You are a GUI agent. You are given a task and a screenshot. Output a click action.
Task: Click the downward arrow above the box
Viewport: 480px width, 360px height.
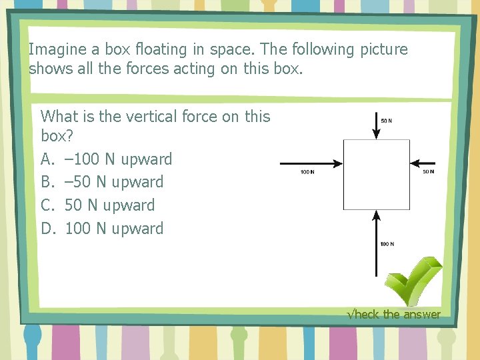pyautogui.click(x=376, y=124)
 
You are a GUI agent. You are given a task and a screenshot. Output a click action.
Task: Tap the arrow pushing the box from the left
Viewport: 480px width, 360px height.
pyautogui.click(x=311, y=163)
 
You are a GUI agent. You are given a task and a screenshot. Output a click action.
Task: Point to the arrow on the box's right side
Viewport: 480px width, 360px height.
pyautogui.click(x=423, y=163)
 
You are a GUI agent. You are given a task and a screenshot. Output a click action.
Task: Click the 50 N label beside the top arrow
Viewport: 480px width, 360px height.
pyautogui.click(x=386, y=121)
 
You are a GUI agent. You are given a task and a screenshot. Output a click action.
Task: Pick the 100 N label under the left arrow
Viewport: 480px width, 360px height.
pyautogui.click(x=307, y=172)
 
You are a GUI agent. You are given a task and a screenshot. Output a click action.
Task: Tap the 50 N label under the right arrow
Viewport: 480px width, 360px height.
pyautogui.click(x=429, y=171)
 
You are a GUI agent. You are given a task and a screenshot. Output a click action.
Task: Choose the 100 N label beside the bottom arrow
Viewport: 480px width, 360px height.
pyautogui.click(x=387, y=244)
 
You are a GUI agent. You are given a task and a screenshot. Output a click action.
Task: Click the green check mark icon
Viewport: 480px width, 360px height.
pyautogui.click(x=413, y=281)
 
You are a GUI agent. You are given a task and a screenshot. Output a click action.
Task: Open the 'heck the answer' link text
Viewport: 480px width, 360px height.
pyautogui.click(x=395, y=314)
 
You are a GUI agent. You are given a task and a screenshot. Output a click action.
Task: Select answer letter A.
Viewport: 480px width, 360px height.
pyautogui.click(x=47, y=159)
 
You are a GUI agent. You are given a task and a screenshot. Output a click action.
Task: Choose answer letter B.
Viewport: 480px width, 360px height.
pyautogui.click(x=47, y=182)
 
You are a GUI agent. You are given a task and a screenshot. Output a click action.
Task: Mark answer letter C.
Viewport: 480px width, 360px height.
pyautogui.click(x=47, y=205)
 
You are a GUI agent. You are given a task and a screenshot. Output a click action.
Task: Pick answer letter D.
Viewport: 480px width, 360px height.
pyautogui.click(x=47, y=229)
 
